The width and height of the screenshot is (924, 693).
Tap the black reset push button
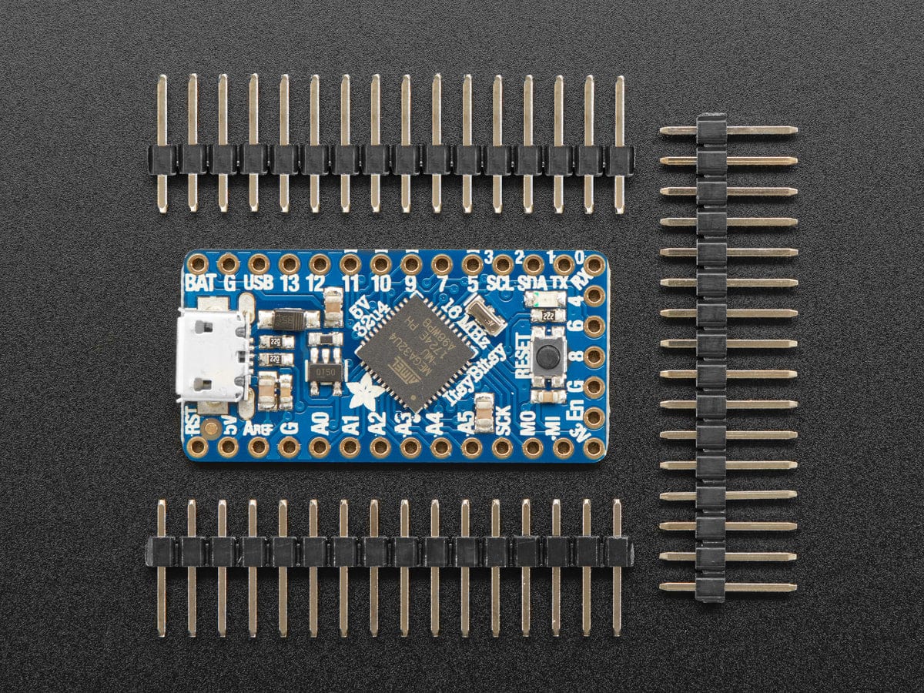[x=548, y=356]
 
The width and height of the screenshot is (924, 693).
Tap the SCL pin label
[x=502, y=283]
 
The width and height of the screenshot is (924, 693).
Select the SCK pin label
[x=503, y=421]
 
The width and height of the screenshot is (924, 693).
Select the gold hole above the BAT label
[x=198, y=264]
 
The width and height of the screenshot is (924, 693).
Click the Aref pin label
[x=257, y=427]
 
